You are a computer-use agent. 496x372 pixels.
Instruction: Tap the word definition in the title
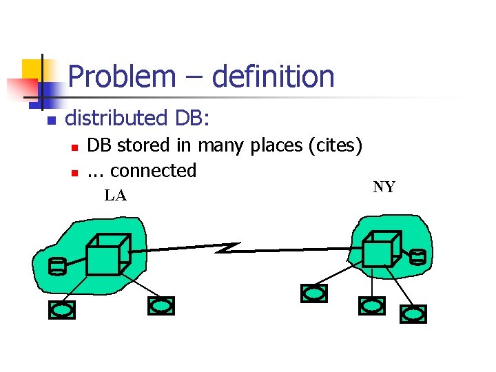[x=273, y=76]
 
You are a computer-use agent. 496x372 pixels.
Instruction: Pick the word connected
[x=153, y=170]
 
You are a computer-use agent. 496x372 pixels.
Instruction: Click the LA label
[x=115, y=196]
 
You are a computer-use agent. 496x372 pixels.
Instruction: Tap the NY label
[x=384, y=187]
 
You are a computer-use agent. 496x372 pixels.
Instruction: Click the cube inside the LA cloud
[x=105, y=256]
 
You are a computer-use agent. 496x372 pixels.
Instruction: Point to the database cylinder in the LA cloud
[x=57, y=266]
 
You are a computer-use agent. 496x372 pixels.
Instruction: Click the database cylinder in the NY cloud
[x=418, y=258]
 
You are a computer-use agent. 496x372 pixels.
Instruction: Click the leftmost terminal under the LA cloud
[x=61, y=310]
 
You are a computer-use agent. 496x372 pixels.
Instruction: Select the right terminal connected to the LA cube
[x=161, y=305]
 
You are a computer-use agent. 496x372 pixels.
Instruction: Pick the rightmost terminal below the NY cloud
[x=414, y=314]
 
